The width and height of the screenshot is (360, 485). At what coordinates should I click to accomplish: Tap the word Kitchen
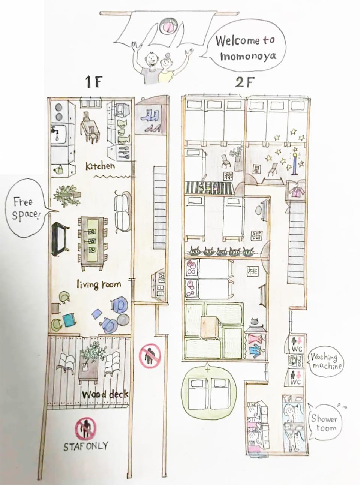pyautogui.click(x=100, y=166)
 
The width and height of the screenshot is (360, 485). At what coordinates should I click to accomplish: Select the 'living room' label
pyautogui.click(x=99, y=284)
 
